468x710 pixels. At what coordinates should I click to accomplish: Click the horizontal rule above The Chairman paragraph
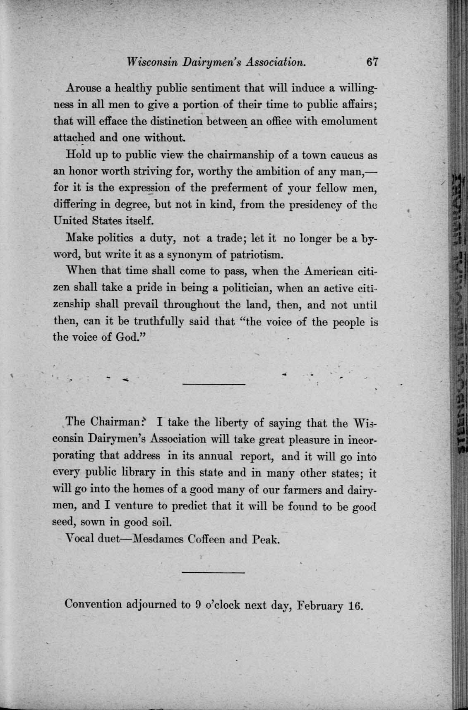click(x=214, y=385)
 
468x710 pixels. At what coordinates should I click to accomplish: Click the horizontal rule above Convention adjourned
click(x=214, y=572)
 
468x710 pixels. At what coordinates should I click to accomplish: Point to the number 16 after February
click(x=355, y=605)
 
